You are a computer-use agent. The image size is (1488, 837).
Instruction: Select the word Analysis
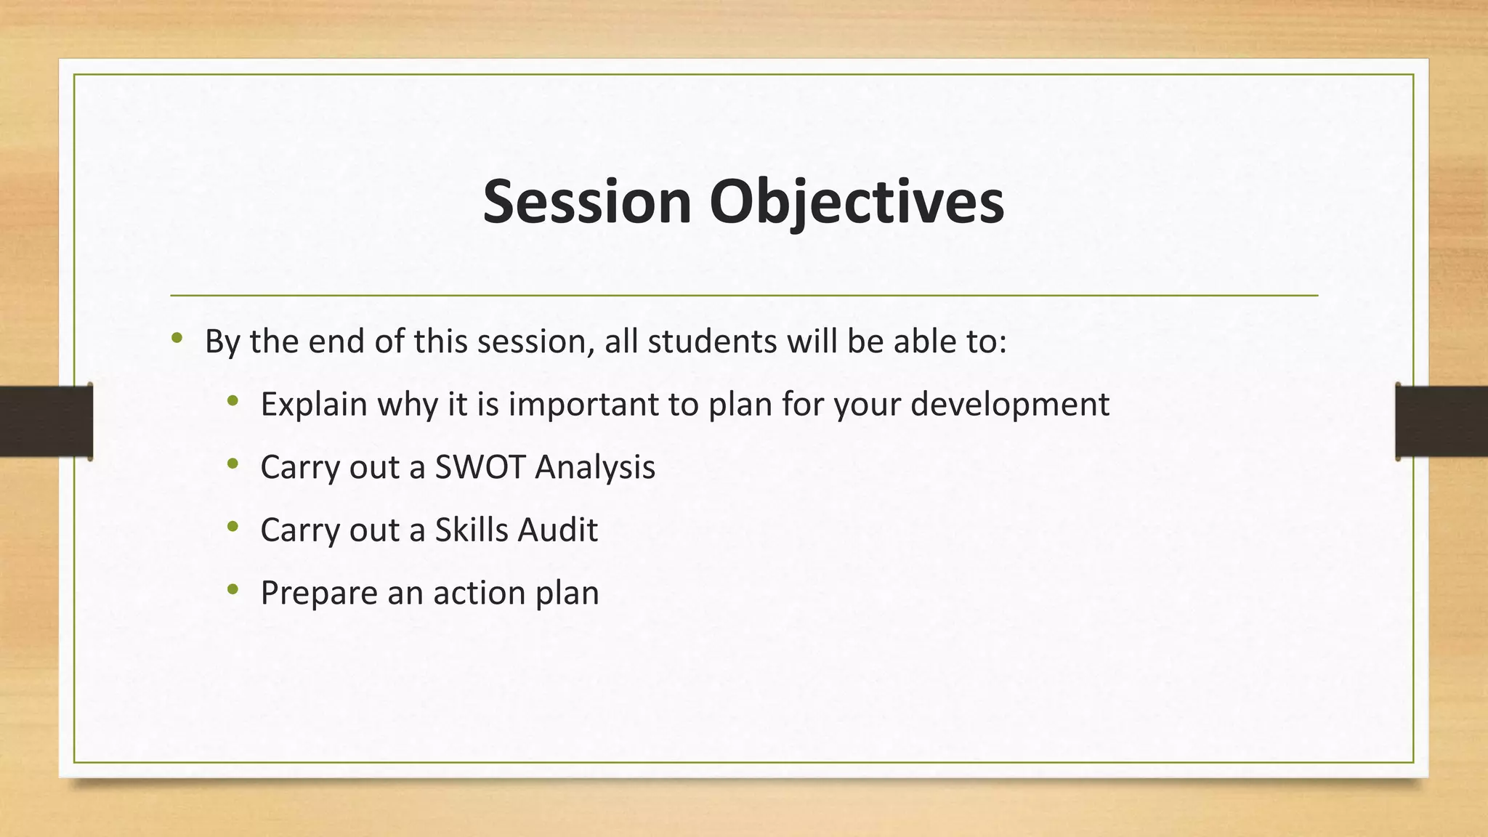coord(595,467)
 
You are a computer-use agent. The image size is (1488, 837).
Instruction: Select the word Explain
coord(314,405)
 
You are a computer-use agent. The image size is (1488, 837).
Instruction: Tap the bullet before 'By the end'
coord(177,338)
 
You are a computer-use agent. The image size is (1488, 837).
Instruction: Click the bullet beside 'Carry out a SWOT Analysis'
coord(232,464)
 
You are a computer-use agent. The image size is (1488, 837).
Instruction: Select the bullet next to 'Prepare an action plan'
coord(232,589)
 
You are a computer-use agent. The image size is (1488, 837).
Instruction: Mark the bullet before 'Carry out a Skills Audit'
coord(232,527)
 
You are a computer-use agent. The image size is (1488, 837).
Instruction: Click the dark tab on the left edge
coord(46,421)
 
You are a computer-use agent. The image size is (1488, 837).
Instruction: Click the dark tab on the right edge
coord(1441,421)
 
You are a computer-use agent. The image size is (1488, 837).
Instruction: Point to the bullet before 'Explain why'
coord(232,401)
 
